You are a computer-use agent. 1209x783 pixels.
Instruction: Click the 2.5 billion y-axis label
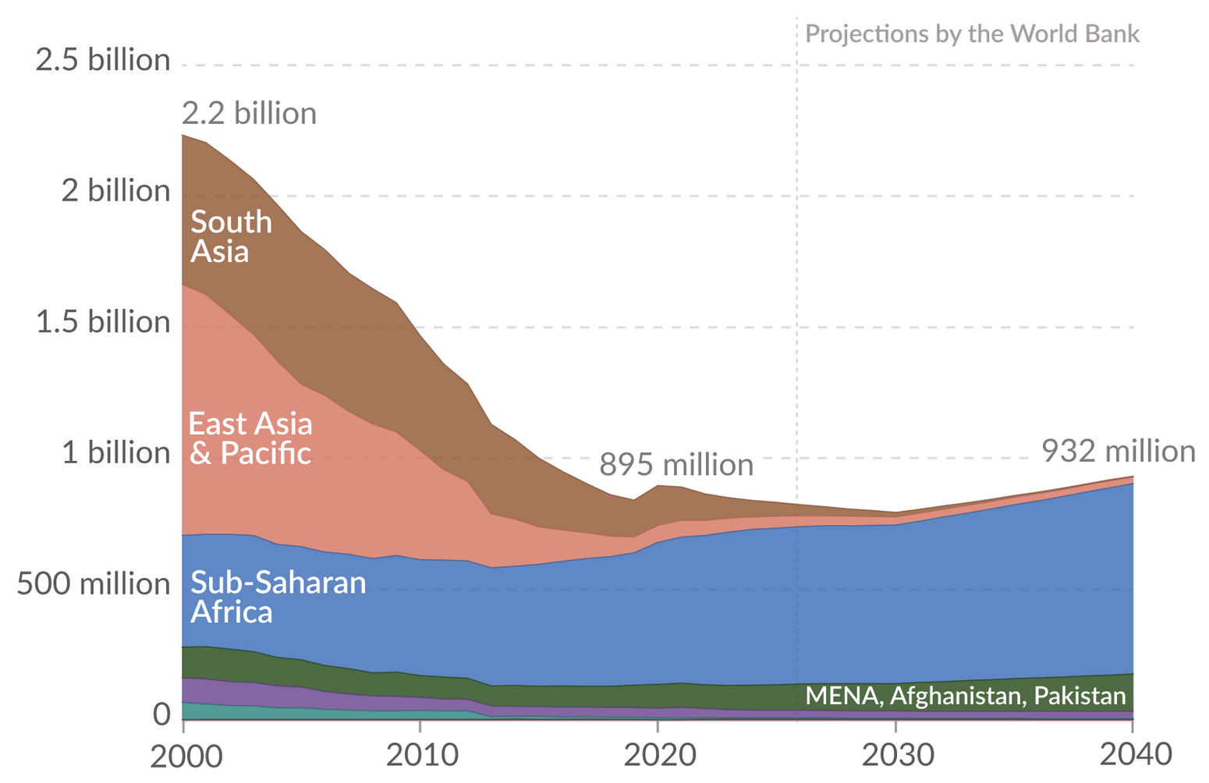pos(103,60)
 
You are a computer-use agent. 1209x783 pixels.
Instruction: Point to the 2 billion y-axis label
pos(116,191)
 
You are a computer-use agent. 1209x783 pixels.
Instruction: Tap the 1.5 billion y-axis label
pos(103,322)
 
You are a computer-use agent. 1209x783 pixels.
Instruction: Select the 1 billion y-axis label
pos(116,453)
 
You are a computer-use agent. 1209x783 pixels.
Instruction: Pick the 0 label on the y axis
pos(161,714)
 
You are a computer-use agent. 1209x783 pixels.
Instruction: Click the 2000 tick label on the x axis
pos(183,756)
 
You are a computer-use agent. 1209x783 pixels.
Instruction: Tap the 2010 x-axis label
pos(420,756)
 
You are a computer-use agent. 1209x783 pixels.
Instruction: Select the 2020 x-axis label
pos(658,756)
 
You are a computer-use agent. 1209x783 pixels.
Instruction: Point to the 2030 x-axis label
pos(895,756)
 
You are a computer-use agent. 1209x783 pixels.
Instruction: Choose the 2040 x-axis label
pos(1133,756)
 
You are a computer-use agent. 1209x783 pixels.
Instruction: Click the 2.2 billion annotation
pos(250,114)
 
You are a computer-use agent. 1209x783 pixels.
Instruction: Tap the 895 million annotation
pos(676,466)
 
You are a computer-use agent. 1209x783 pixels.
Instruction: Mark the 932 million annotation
pos(1119,452)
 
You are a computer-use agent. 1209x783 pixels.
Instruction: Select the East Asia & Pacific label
pos(250,438)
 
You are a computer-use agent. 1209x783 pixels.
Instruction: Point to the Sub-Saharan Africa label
pos(278,597)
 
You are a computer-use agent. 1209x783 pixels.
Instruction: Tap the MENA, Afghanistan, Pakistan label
pos(966,696)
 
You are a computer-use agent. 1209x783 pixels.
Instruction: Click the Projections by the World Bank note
pos(972,34)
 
